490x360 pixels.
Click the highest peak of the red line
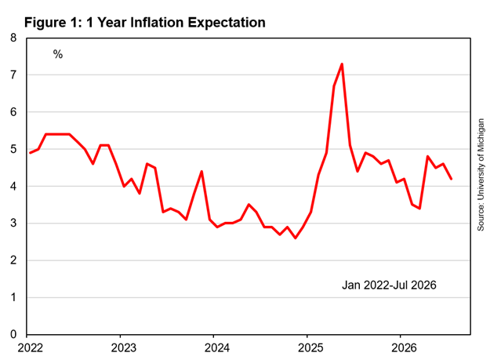click(342, 64)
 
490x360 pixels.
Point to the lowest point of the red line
click(296, 238)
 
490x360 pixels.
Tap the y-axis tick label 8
click(13, 38)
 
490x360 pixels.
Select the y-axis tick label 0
click(13, 334)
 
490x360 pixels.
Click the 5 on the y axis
click(13, 149)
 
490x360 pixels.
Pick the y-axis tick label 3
click(13, 223)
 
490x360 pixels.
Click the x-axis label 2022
click(30, 347)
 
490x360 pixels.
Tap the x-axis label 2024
click(217, 347)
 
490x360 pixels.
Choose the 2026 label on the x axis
click(404, 347)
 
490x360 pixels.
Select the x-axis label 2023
click(123, 347)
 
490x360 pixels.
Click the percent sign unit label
click(58, 54)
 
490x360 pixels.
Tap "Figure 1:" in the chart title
click(53, 23)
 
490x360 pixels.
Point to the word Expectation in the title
click(227, 23)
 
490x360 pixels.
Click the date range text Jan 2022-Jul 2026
click(389, 285)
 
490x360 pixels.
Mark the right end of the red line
click(452, 179)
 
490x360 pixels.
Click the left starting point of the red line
click(30, 153)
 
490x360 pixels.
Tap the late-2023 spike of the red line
click(201, 171)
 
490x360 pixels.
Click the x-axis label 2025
click(310, 347)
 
